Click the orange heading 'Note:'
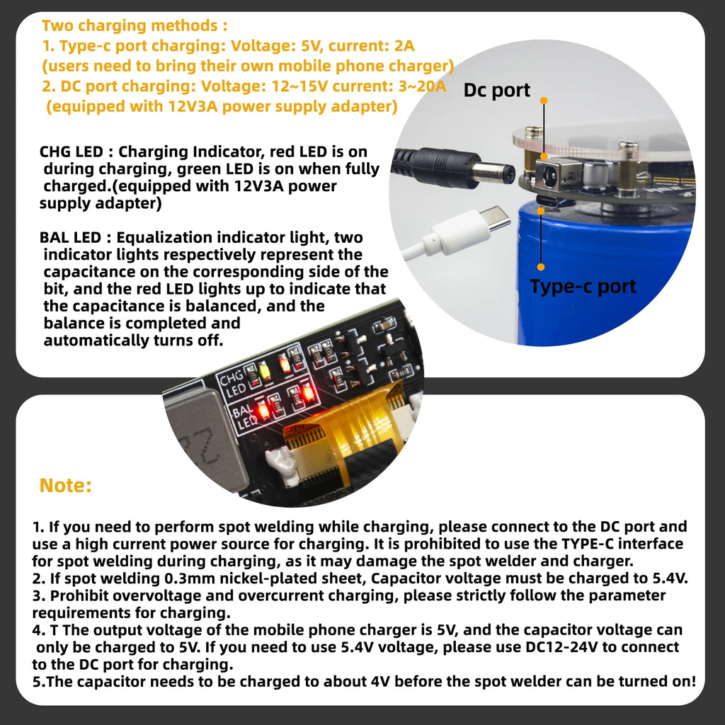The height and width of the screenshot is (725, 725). coord(66,485)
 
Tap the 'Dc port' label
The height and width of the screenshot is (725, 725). coord(496,90)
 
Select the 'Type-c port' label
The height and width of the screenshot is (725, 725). coord(583,287)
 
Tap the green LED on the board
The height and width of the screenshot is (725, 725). coord(265,371)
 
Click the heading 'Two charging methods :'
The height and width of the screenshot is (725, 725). coord(135,25)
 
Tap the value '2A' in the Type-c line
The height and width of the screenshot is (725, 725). coord(404,46)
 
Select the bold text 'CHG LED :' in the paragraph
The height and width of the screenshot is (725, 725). coord(76,152)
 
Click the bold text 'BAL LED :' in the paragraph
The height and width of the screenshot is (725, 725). coord(75,238)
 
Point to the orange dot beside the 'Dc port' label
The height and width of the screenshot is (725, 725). coord(544,101)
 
